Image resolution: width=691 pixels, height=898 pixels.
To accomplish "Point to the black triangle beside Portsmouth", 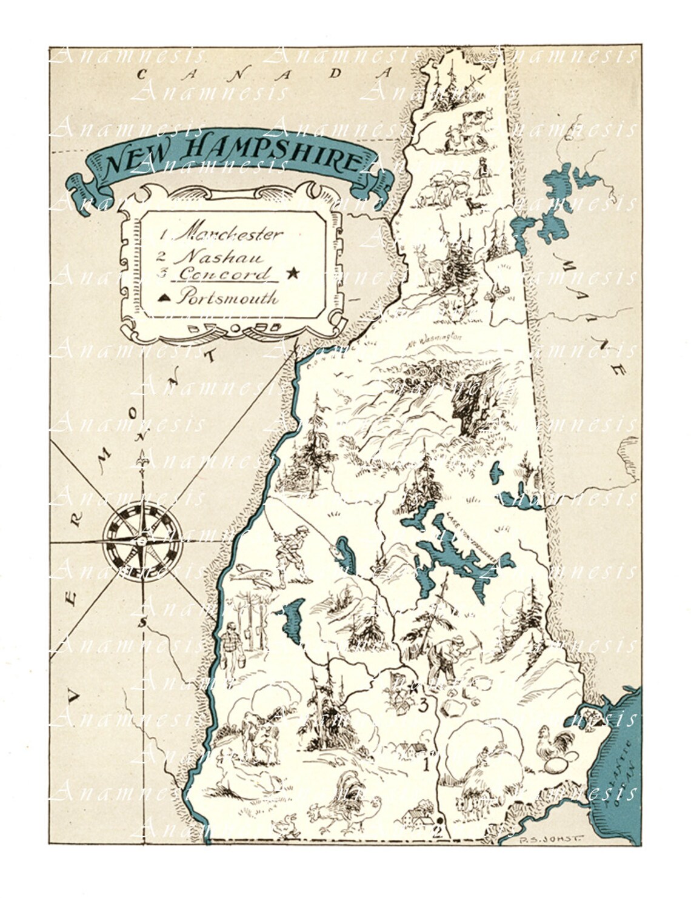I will (165, 298).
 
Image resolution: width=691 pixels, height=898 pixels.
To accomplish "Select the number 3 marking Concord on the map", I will (424, 705).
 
